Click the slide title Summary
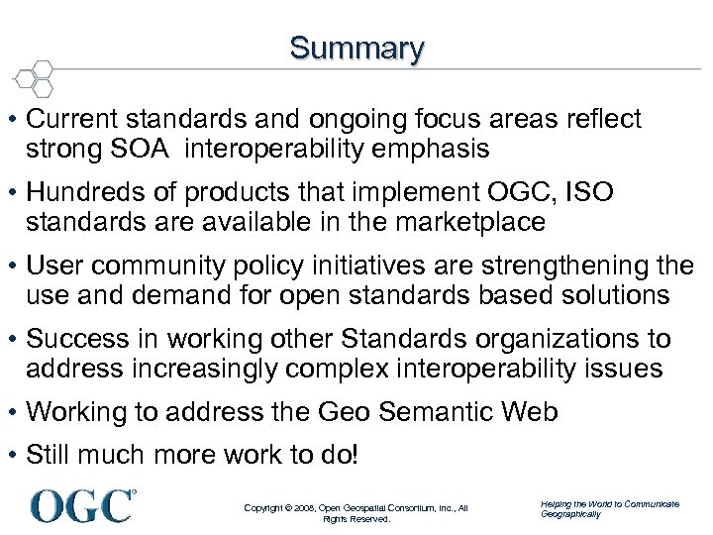(356, 48)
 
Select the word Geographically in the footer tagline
(570, 514)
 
